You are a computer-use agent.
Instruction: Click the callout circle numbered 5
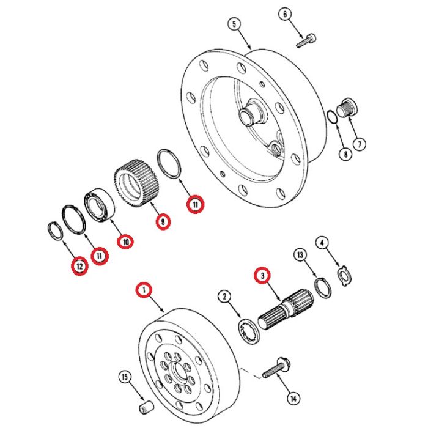234,24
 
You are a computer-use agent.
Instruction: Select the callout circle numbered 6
286,14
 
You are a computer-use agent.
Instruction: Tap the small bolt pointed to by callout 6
306,41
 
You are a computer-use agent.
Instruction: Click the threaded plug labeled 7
347,107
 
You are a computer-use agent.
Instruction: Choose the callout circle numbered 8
345,154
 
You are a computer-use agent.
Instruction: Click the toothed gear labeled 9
136,181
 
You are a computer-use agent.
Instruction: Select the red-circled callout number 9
163,222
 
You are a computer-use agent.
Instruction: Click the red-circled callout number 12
79,266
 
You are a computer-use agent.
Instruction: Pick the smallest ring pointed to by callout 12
56,232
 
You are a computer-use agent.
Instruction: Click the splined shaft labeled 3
286,309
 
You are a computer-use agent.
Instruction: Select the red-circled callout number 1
144,290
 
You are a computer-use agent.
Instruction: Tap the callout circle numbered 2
224,297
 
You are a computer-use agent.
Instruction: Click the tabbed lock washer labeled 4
344,276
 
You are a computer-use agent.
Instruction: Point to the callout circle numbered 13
300,255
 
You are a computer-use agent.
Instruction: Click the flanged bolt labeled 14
276,368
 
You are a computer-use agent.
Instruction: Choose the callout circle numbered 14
293,399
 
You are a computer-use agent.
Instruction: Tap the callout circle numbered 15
125,377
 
